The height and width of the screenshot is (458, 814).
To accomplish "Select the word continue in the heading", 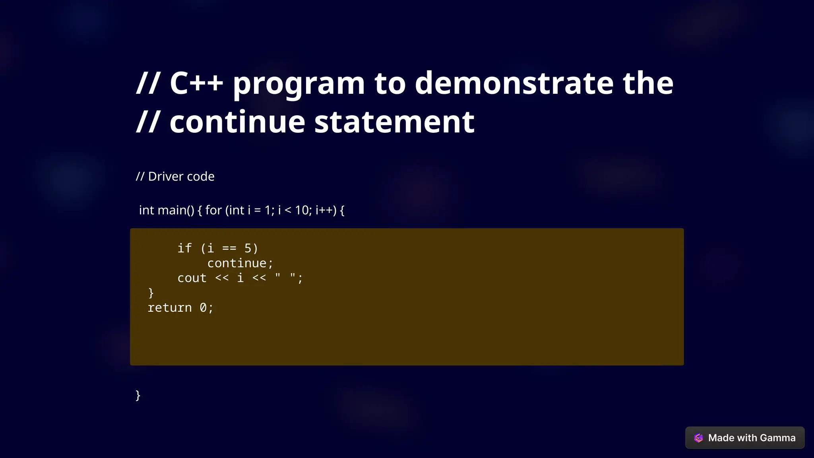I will (237, 122).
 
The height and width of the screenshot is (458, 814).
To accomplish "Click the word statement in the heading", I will (394, 122).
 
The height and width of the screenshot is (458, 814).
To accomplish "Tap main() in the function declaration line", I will (176, 210).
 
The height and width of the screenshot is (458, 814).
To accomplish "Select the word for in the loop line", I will (213, 210).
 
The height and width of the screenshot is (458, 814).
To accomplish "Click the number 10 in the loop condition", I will (302, 210).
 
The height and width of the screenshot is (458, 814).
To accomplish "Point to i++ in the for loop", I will (326, 210).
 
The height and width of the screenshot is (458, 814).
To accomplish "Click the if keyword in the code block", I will (184, 248).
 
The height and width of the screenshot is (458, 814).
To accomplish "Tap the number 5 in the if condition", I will (248, 248).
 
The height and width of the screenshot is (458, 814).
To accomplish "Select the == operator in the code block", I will (229, 248).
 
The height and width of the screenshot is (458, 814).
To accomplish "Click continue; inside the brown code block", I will (240, 263).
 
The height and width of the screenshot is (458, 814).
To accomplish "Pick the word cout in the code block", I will (192, 278).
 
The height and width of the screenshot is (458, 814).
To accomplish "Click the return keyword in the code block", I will (170, 308).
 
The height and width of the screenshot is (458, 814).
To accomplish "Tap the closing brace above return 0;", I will (151, 293).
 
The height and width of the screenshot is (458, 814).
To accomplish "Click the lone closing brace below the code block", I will (138, 395).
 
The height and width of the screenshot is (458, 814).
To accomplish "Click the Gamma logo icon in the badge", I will (698, 438).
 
